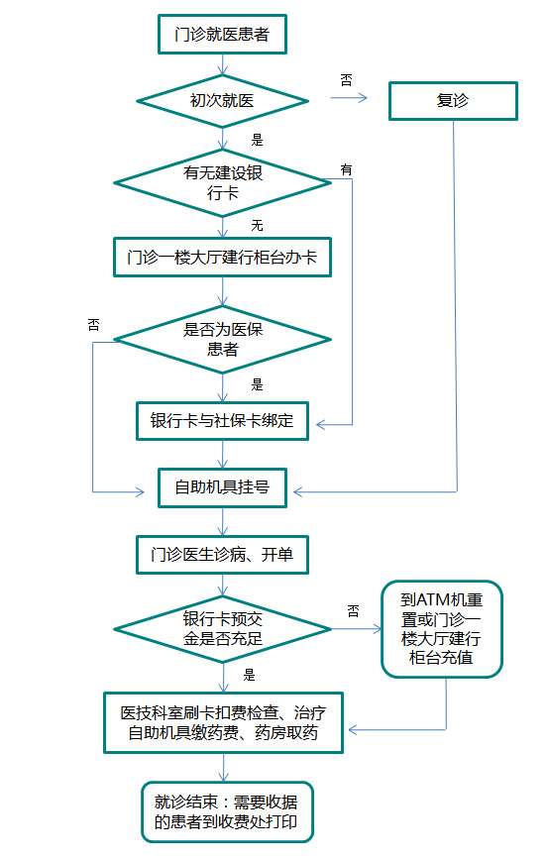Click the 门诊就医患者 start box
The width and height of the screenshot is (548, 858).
pyautogui.click(x=222, y=35)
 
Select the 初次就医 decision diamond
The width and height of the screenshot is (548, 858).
pyautogui.click(x=222, y=101)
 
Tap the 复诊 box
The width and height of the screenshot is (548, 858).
pyautogui.click(x=453, y=101)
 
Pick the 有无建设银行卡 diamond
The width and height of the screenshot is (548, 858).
pyautogui.click(x=222, y=182)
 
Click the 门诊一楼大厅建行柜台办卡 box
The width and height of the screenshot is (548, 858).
pyautogui.click(x=222, y=258)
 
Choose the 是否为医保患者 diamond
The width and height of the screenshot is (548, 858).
pyautogui.click(x=222, y=339)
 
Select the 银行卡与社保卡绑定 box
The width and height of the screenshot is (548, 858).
pyautogui.click(x=222, y=421)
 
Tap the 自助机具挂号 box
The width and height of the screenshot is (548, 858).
pyautogui.click(x=222, y=487)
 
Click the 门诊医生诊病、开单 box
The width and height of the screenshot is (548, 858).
pyautogui.click(x=222, y=555)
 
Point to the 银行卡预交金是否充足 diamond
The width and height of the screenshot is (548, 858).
pyautogui.click(x=222, y=629)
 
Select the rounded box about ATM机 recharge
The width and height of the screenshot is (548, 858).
pyautogui.click(x=442, y=629)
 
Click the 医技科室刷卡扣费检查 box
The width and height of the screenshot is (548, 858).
pyautogui.click(x=223, y=723)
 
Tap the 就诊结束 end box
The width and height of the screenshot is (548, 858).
pyautogui.click(x=227, y=811)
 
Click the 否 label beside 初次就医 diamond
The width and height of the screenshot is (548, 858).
pyautogui.click(x=347, y=80)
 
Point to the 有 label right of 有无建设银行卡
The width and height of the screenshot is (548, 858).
pyautogui.click(x=347, y=169)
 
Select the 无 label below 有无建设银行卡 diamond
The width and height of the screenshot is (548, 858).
pyautogui.click(x=258, y=226)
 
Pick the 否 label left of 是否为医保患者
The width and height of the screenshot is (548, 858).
pyautogui.click(x=93, y=325)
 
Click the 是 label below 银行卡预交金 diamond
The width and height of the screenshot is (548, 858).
pyautogui.click(x=250, y=676)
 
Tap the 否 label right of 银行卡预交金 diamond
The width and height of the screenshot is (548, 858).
pyautogui.click(x=354, y=611)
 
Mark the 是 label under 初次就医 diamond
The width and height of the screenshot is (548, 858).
pyautogui.click(x=258, y=140)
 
